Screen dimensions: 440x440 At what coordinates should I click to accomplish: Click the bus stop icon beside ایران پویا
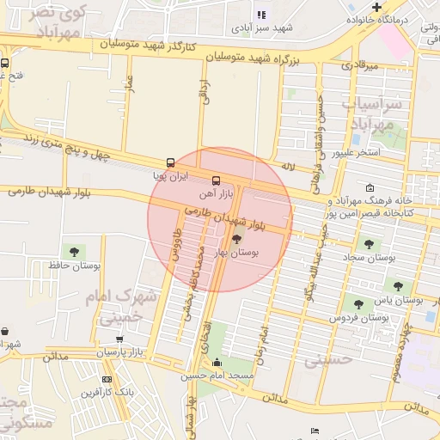tap(170, 162)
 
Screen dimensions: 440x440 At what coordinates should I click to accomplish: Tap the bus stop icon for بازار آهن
tap(215, 180)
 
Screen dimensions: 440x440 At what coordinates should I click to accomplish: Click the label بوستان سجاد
tap(369, 257)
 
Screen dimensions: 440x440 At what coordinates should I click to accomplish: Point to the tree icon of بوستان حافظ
tap(72, 252)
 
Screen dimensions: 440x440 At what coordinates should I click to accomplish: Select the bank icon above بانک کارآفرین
tap(107, 379)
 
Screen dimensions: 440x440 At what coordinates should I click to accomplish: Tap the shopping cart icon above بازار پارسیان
tap(119, 340)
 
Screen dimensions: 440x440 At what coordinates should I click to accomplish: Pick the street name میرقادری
tap(360, 65)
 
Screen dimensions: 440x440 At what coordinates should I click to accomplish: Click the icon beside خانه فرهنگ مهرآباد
tap(370, 188)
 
